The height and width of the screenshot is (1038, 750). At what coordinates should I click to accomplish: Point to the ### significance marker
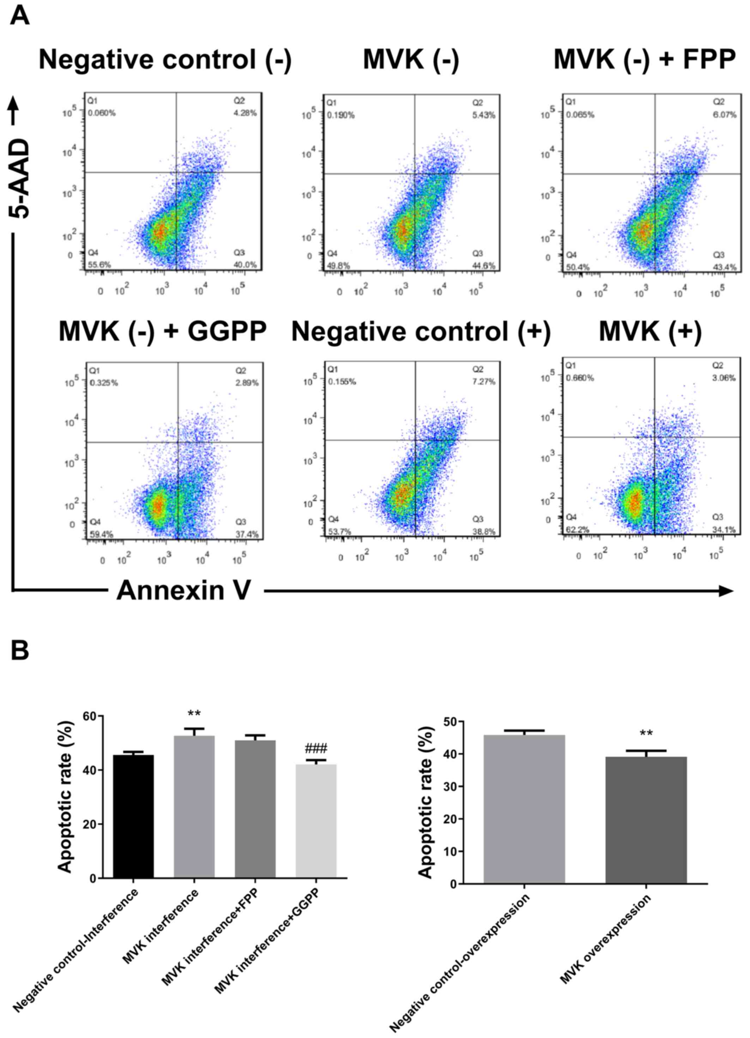[x=316, y=749]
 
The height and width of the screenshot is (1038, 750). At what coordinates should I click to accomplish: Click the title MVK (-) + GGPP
[x=163, y=332]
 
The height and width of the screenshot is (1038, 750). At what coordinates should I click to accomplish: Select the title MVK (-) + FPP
[x=645, y=60]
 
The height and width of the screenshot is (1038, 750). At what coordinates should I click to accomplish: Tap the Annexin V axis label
[x=183, y=591]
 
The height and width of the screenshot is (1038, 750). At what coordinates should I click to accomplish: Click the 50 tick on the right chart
[x=450, y=722]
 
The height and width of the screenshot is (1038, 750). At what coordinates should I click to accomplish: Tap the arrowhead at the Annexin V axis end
[x=726, y=591]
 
